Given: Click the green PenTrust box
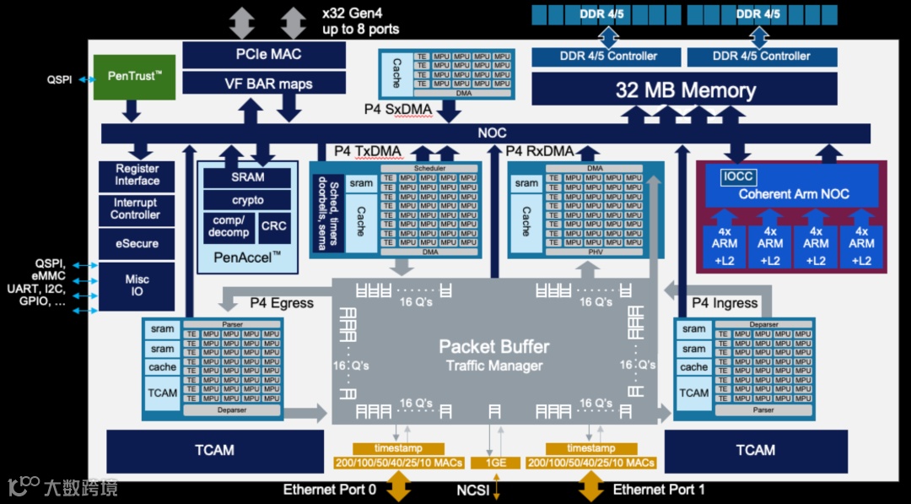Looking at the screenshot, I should [133, 77].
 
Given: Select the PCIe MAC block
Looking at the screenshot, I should [264, 54].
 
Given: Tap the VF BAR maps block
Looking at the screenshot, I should [264, 83].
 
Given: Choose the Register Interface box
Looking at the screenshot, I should [137, 175].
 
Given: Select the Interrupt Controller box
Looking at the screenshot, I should [137, 209].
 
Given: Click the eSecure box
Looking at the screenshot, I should [137, 243].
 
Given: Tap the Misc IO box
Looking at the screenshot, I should [137, 285].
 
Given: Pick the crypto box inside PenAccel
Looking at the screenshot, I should [247, 200].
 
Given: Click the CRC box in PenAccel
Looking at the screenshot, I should [273, 226].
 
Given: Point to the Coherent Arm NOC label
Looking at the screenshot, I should [793, 194].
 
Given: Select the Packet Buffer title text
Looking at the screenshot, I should [493, 347].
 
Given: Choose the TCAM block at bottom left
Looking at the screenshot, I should [214, 450].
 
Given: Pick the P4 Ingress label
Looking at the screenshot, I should [724, 303].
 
